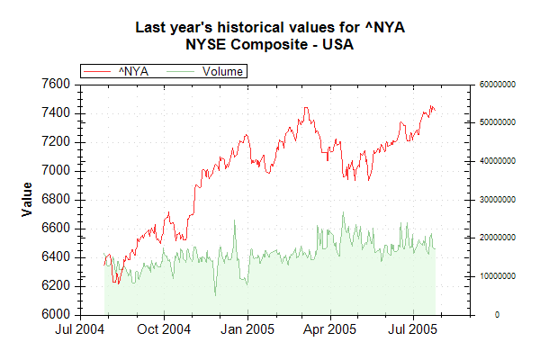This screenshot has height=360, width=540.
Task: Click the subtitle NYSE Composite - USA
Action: [x=269, y=43]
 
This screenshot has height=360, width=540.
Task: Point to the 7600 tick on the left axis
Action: [x=56, y=84]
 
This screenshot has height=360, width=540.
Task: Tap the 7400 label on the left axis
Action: [x=56, y=112]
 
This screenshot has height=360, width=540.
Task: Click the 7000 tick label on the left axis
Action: [x=56, y=170]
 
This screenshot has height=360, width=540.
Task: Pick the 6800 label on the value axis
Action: [x=56, y=199]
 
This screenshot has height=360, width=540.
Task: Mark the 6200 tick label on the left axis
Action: [x=56, y=285]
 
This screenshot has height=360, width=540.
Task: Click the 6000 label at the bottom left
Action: [x=56, y=314]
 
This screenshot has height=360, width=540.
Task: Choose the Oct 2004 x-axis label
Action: [x=165, y=329]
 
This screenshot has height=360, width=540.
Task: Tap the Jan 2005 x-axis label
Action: [x=247, y=329]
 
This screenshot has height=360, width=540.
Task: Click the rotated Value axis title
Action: [x=27, y=198]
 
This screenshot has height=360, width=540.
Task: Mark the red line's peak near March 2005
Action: [x=307, y=108]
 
